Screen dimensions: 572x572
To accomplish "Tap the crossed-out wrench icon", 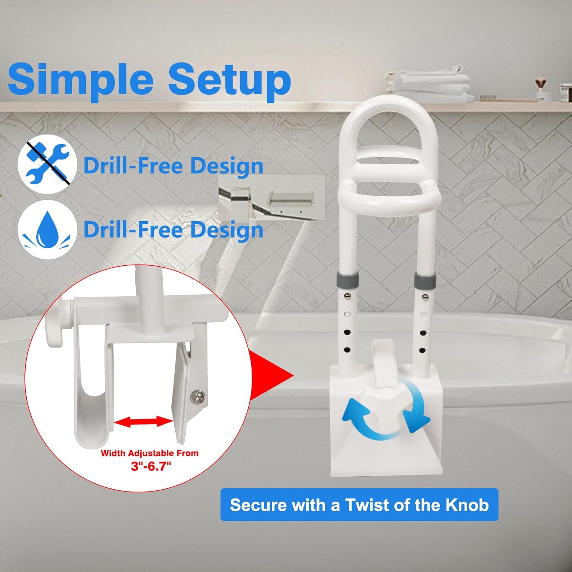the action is (x=47, y=164).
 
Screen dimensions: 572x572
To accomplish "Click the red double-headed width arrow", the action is (x=144, y=422).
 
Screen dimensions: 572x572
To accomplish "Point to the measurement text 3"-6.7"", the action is (x=151, y=466).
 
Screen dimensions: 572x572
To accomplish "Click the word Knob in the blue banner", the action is (x=467, y=505).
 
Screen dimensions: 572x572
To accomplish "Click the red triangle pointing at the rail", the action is (x=271, y=375).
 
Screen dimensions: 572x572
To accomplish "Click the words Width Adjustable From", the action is (x=149, y=453).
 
